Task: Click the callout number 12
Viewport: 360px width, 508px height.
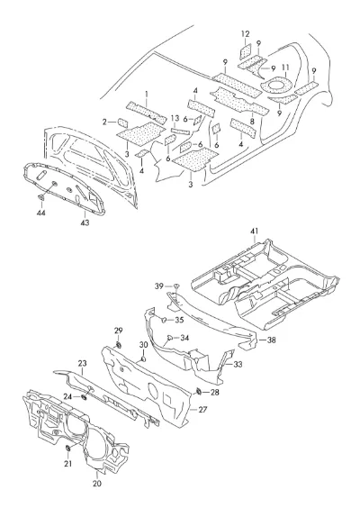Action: tap(246, 33)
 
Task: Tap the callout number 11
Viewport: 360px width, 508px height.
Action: tap(285, 68)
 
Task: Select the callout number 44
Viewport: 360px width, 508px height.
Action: tap(41, 213)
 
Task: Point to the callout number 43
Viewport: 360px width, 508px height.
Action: tap(85, 222)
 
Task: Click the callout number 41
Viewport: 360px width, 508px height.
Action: tap(255, 231)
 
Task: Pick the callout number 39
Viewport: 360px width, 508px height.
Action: tap(159, 286)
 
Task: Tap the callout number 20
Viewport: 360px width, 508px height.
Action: tap(97, 484)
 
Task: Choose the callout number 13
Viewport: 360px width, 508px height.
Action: tap(175, 117)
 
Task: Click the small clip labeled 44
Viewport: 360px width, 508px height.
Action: tap(41, 196)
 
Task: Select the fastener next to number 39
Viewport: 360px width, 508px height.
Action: tap(176, 286)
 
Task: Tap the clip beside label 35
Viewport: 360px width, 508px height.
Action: tap(164, 320)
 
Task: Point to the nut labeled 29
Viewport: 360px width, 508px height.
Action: tap(119, 344)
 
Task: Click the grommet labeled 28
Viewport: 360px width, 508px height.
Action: tap(199, 392)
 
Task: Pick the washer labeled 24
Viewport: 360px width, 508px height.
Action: tap(85, 396)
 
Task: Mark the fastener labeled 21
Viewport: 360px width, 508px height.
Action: tap(68, 449)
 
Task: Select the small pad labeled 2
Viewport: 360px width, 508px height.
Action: tap(122, 122)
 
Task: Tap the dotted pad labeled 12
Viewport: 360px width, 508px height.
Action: tap(246, 51)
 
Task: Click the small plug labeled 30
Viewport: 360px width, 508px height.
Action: tap(143, 358)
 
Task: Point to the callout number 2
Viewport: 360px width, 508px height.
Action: tap(104, 122)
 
